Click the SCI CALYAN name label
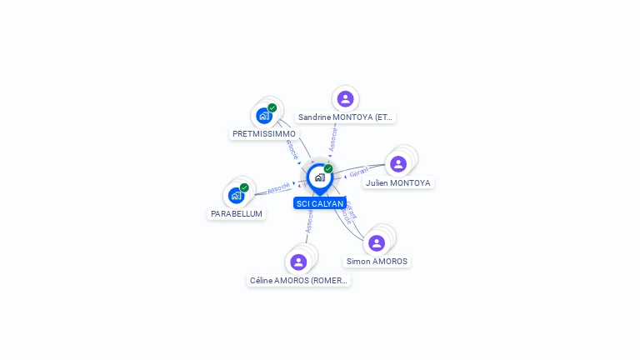point(319,203)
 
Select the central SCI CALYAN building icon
point(319,177)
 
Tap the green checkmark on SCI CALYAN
point(328,169)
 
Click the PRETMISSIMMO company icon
point(264,116)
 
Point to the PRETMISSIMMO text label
point(263,133)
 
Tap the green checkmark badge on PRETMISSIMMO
point(272,107)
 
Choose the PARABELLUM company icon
point(237,196)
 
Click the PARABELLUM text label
point(237,214)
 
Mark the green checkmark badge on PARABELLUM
point(244,187)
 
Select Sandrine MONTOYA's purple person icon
point(345,99)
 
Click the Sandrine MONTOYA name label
point(345,117)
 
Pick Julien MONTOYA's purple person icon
point(398,164)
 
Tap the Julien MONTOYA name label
point(398,182)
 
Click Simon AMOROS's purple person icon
point(377,243)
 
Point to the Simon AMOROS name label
point(377,262)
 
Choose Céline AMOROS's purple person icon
point(298,262)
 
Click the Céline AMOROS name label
point(298,281)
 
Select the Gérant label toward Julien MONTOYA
point(358,172)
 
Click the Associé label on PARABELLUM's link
point(278,188)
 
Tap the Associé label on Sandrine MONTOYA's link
point(332,138)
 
